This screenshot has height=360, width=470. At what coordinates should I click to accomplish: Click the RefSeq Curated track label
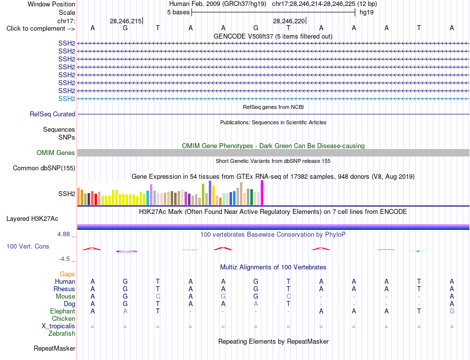click(52, 114)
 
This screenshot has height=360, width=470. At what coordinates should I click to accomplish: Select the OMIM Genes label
click(56, 153)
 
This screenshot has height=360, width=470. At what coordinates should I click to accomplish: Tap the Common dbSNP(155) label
click(44, 168)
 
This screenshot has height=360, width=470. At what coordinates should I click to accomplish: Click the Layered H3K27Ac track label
click(32, 219)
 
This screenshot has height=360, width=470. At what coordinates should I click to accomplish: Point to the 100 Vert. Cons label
click(28, 246)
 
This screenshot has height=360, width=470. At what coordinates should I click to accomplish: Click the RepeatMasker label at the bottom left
click(54, 348)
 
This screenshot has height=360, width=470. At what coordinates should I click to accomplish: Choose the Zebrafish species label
click(62, 333)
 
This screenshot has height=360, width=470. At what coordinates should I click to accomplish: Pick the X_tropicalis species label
click(58, 326)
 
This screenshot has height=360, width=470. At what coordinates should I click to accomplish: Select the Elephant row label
click(63, 311)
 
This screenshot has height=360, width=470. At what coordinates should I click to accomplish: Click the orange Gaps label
click(67, 274)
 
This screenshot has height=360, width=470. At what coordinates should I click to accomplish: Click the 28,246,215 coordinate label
click(126, 21)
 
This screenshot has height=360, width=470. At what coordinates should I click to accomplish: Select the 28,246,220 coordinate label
click(288, 21)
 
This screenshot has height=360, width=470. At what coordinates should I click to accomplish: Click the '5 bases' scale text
click(178, 12)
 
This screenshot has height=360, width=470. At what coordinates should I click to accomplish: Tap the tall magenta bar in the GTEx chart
click(262, 193)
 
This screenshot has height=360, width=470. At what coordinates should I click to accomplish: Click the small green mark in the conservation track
click(418, 251)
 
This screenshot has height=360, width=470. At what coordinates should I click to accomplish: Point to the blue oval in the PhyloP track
click(127, 252)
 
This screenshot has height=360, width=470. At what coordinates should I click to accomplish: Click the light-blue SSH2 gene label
click(67, 99)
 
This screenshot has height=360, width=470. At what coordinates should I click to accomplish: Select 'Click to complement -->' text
click(41, 29)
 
